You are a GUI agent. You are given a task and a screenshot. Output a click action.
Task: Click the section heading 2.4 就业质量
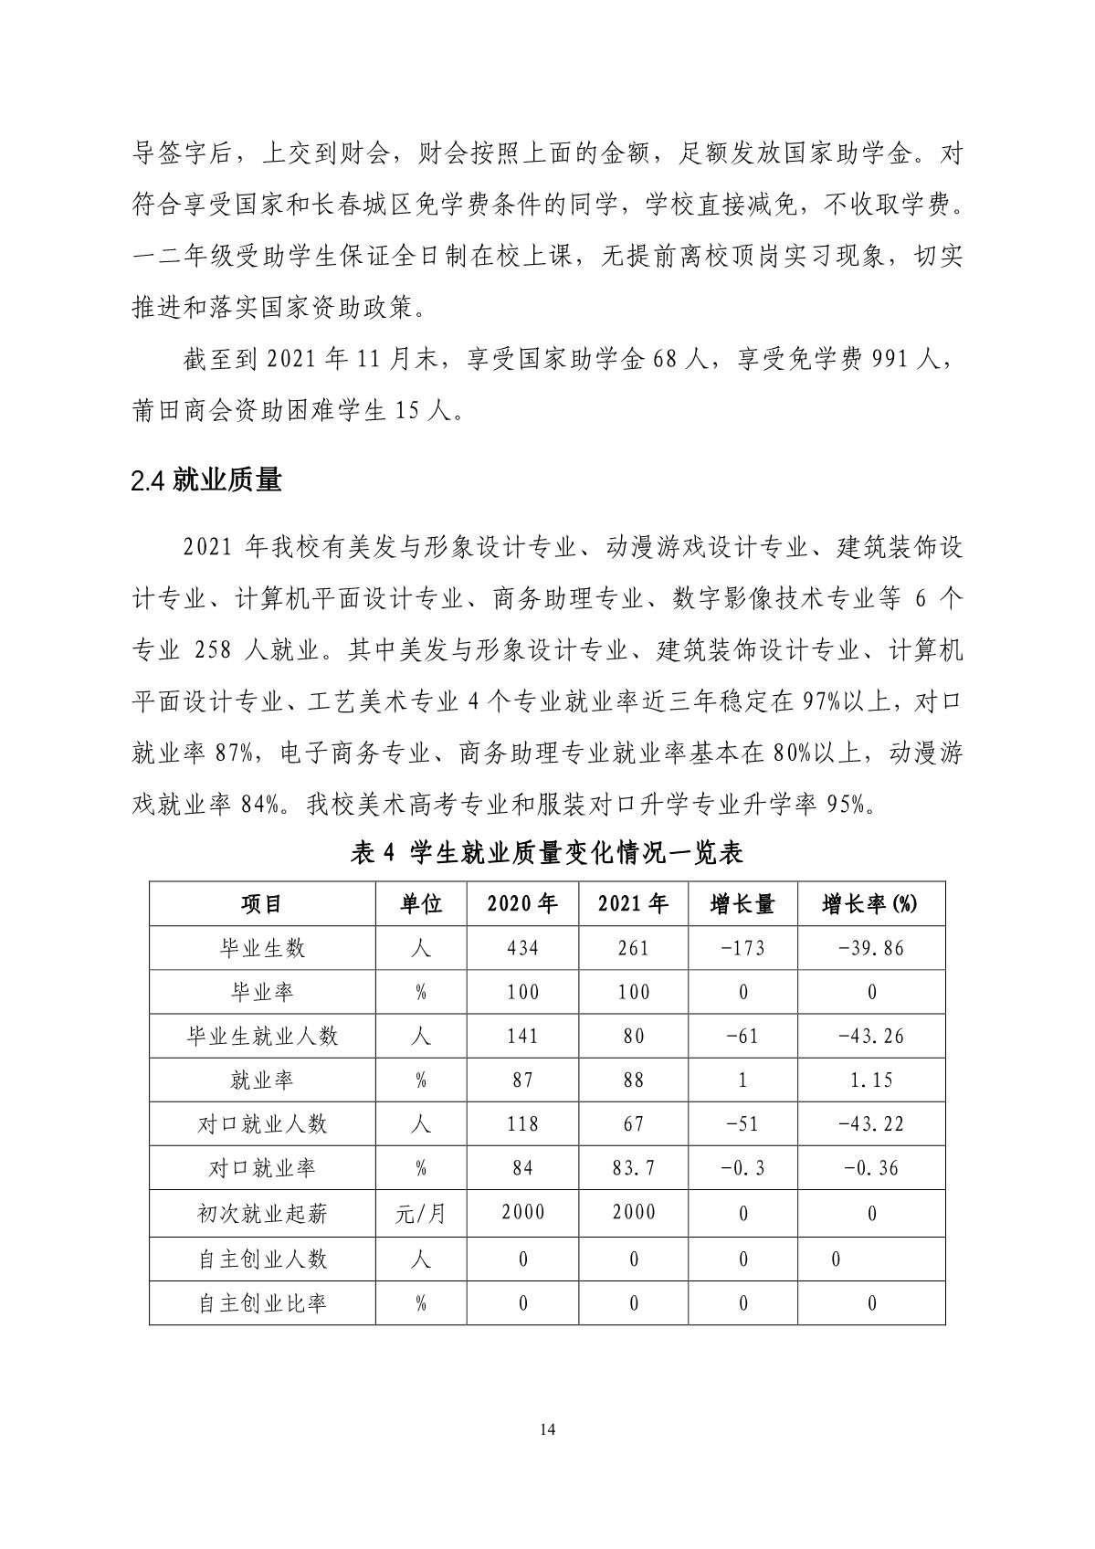[206, 480]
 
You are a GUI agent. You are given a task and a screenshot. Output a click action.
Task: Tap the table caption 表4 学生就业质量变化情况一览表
[547, 853]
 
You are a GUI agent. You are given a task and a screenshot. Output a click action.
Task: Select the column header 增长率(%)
[870, 904]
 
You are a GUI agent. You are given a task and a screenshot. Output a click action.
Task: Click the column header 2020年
[522, 904]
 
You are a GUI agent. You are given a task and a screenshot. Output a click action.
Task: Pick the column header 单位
[421, 904]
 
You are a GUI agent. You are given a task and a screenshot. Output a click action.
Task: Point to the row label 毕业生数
[262, 948]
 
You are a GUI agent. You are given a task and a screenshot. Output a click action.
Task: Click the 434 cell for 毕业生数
[522, 948]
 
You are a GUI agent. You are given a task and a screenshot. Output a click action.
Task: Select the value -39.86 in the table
[870, 948]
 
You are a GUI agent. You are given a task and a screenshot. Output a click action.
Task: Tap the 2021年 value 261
[633, 948]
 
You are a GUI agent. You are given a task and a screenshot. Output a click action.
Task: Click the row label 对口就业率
[262, 1168]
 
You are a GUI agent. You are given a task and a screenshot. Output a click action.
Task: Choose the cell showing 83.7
[633, 1168]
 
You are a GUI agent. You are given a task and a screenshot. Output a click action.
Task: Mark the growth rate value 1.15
[870, 1080]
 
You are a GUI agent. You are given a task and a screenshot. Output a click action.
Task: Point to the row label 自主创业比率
[262, 1303]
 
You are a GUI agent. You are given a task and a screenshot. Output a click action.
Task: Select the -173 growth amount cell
[742, 948]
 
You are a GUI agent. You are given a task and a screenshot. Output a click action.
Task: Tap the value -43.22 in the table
[870, 1123]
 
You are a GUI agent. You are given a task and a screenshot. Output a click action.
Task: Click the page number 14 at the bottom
[547, 1428]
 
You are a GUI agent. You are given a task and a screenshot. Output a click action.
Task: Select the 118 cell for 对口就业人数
[522, 1123]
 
